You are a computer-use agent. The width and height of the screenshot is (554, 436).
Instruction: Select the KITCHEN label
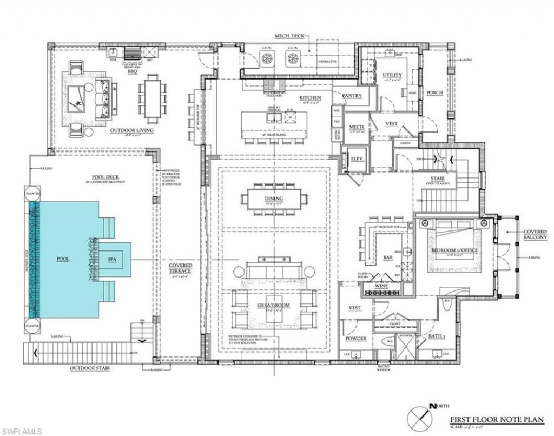coord(311,98)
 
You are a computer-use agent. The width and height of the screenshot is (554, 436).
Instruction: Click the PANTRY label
coord(352,96)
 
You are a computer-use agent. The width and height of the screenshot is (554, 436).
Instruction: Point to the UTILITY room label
coord(392,75)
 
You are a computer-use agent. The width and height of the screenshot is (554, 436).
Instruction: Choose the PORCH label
coord(434,93)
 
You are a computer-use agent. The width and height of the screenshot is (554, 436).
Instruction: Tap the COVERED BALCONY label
coord(535,234)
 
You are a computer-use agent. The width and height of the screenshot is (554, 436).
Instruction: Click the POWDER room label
coord(356,339)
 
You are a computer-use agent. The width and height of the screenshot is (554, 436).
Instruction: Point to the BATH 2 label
coord(437,336)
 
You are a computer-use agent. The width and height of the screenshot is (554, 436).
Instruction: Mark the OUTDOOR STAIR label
coord(90,369)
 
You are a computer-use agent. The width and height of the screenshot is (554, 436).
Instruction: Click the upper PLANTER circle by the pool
coord(30,193)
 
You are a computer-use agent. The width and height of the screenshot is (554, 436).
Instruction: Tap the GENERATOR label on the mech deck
coord(327,62)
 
